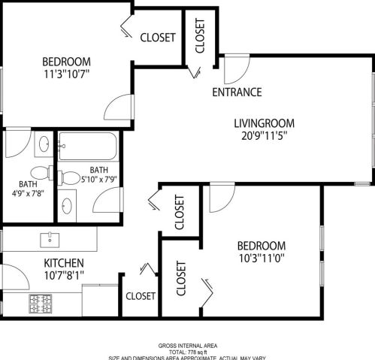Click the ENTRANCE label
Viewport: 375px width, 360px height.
coord(237,92)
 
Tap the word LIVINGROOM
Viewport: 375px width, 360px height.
coord(264,123)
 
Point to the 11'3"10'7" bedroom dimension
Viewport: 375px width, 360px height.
coord(67,74)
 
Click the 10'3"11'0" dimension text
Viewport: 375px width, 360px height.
coord(262,259)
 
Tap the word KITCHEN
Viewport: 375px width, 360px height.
coord(63,263)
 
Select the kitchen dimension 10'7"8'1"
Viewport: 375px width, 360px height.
coord(63,277)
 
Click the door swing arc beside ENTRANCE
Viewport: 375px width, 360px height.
coord(233,71)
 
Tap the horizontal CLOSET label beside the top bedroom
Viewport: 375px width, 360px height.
coord(158,37)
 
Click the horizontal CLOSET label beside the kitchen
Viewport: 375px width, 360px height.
coord(141,296)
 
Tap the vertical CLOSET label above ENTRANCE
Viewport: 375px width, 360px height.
coord(200,35)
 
